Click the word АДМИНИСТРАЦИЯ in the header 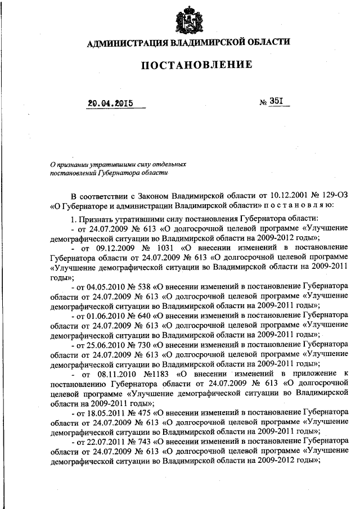(120, 43)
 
